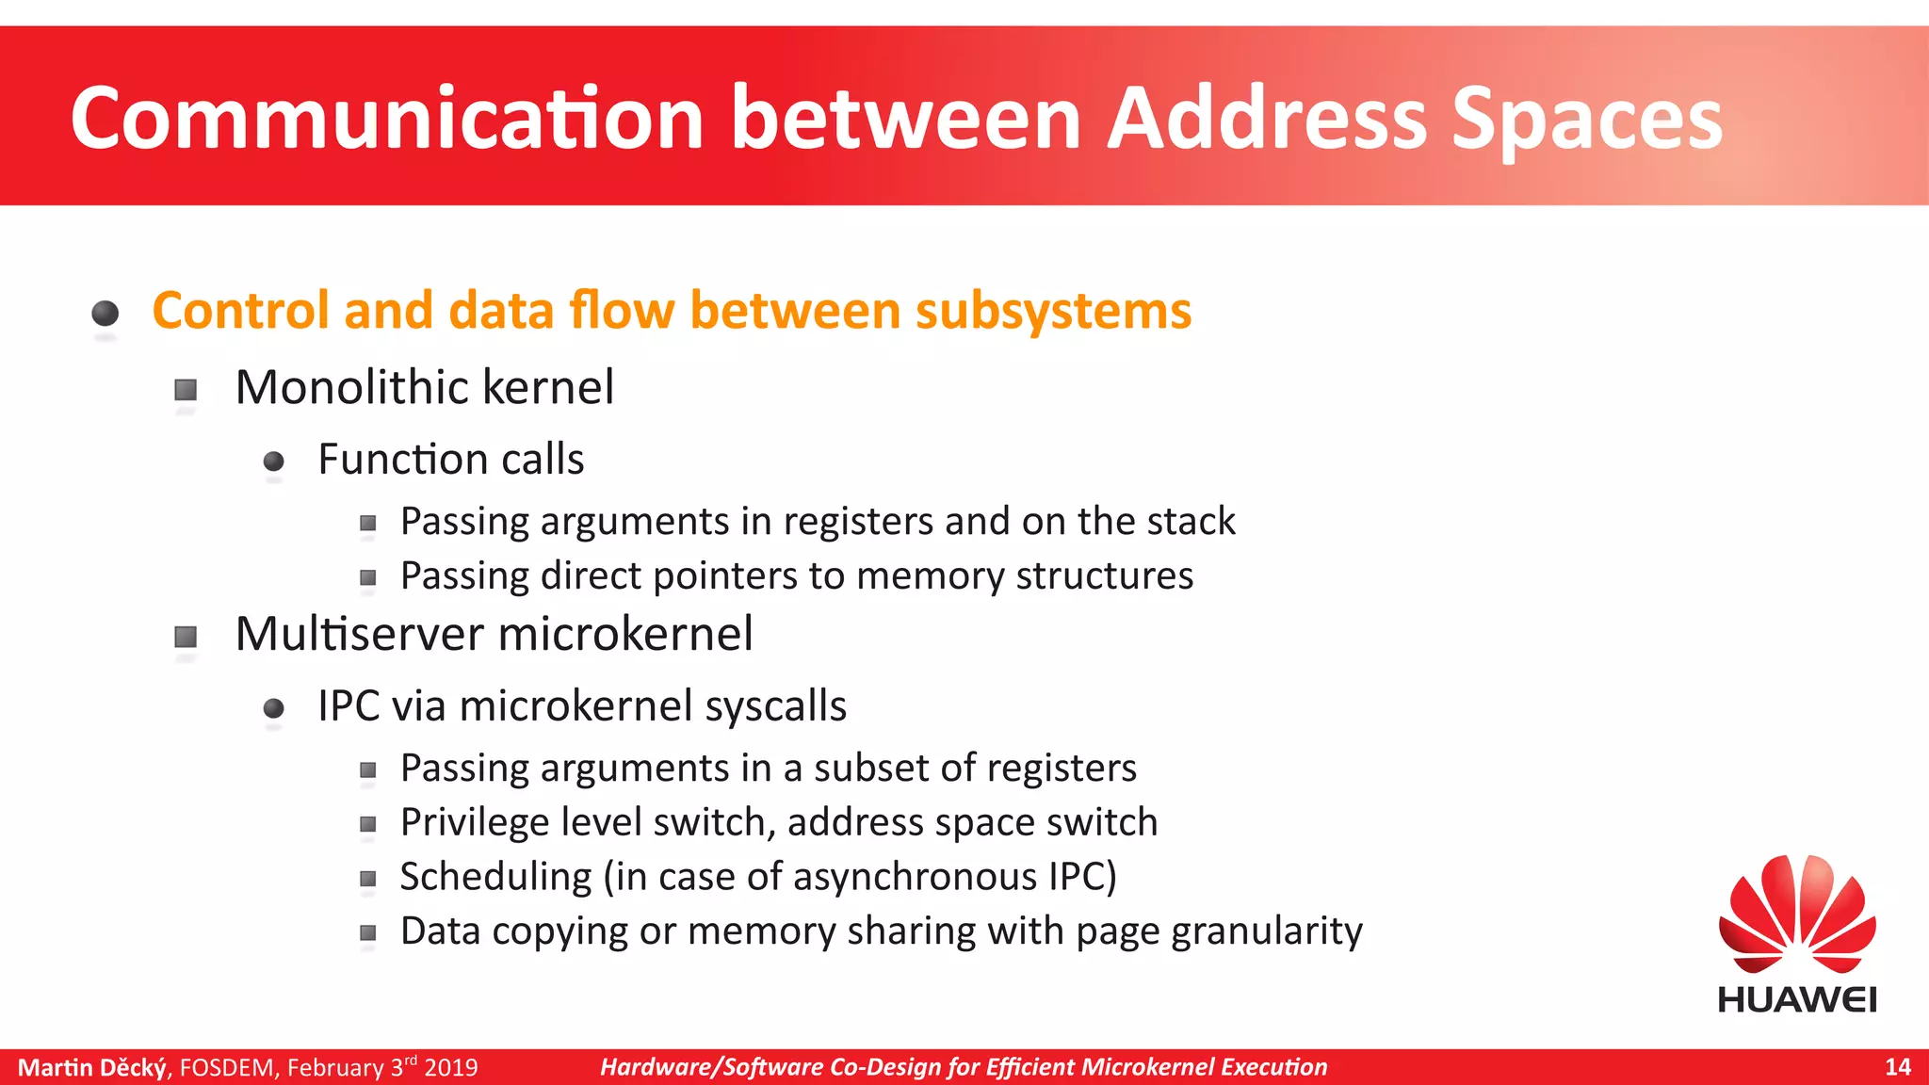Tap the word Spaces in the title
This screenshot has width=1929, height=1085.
[1587, 120]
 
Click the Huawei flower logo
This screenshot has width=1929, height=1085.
[1797, 914]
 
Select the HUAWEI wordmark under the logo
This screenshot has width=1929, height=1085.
[1797, 999]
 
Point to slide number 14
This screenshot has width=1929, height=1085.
[1897, 1067]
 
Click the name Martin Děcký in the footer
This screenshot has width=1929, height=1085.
[92, 1067]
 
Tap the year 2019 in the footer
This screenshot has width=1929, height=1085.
[451, 1067]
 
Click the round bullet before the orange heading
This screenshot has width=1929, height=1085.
[105, 313]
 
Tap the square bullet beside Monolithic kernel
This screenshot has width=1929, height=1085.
[186, 390]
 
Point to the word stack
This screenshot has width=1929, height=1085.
[1191, 521]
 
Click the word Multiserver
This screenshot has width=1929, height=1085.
[360, 633]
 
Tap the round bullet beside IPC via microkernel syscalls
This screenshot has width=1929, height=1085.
[274, 708]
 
